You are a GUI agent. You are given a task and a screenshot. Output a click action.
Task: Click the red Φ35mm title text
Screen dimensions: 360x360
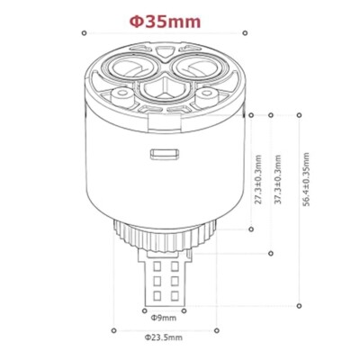[165, 22]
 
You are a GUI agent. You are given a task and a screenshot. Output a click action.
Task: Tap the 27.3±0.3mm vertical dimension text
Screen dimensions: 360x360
[258, 179]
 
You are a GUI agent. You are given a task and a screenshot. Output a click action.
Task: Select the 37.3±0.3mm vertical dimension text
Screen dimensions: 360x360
[278, 179]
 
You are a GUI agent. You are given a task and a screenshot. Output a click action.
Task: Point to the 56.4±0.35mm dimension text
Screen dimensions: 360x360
[306, 179]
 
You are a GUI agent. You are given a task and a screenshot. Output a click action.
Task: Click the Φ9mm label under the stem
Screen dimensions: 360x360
[163, 318]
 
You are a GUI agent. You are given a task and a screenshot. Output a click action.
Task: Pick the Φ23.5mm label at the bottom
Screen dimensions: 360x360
[163, 337]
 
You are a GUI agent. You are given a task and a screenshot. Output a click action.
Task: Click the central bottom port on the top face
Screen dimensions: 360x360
[165, 87]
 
